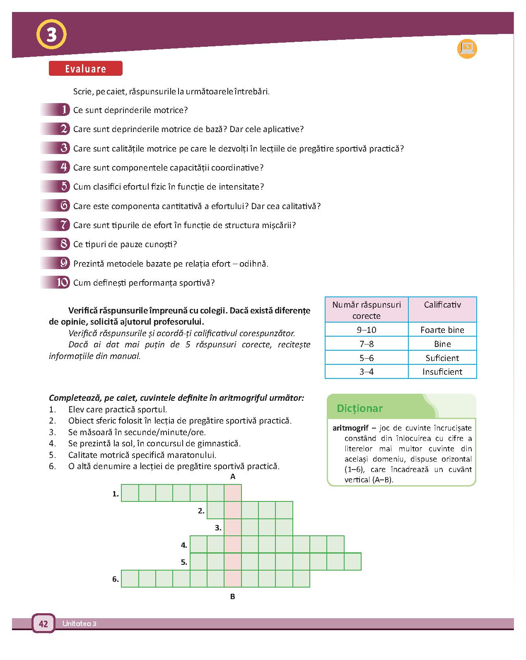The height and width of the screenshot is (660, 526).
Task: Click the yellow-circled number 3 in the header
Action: pyautogui.click(x=51, y=35)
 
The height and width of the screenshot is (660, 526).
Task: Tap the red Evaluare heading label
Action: pyautogui.click(x=85, y=69)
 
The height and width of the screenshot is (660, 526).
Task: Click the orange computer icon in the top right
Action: pyautogui.click(x=467, y=49)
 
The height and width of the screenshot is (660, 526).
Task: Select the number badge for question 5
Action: pyautogui.click(x=64, y=186)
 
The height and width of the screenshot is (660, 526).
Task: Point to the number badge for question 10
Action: pyautogui.click(x=62, y=282)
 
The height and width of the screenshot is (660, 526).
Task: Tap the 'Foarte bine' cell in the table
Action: pyautogui.click(x=442, y=330)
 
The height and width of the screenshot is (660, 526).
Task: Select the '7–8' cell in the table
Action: pyautogui.click(x=367, y=344)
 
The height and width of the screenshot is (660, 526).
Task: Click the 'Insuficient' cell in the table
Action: pyautogui.click(x=442, y=372)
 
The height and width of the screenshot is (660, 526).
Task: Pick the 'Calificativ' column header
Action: pyautogui.click(x=442, y=305)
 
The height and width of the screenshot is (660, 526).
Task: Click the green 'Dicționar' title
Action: pyautogui.click(x=360, y=408)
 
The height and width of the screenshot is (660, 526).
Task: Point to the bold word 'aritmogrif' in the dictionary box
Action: pyautogui.click(x=350, y=428)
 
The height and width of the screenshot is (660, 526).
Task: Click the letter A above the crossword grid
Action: pyautogui.click(x=233, y=477)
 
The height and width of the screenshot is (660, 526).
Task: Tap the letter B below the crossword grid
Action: pyautogui.click(x=233, y=597)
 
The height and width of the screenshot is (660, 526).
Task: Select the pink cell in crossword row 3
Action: pyautogui.click(x=233, y=528)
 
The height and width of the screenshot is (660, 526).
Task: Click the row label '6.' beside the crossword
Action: pyautogui.click(x=116, y=579)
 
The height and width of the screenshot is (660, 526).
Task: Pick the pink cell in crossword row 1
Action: pyautogui.click(x=233, y=493)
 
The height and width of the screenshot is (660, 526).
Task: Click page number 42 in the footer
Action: pyautogui.click(x=43, y=624)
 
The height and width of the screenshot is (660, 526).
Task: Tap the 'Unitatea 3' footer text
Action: pyautogui.click(x=80, y=624)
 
